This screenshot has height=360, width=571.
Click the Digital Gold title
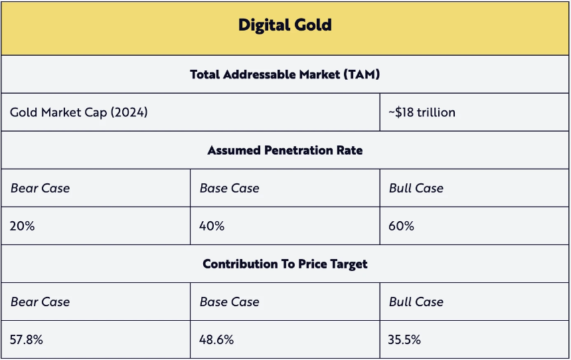click(285, 26)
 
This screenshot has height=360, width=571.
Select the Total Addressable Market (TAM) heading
click(285, 74)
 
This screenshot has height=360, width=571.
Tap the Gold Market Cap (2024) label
click(78, 112)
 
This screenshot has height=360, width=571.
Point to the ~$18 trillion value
click(422, 112)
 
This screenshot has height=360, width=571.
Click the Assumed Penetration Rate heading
click(285, 150)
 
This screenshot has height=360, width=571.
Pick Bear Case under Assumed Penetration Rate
click(40, 188)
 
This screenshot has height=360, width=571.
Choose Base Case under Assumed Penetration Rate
click(229, 188)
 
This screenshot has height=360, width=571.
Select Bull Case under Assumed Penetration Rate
click(416, 188)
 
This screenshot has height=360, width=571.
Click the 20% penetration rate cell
click(22, 226)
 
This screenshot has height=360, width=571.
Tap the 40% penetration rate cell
click(212, 226)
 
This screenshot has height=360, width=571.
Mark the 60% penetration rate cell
click(401, 226)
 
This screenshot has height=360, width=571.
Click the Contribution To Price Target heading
click(285, 264)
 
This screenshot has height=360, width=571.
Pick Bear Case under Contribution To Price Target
click(40, 302)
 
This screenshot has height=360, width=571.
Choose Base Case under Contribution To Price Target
click(229, 302)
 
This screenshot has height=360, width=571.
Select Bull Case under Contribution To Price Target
click(416, 302)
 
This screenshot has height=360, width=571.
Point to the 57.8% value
click(27, 339)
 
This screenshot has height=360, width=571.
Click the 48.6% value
click(216, 339)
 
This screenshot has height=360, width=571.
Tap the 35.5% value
click(404, 339)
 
